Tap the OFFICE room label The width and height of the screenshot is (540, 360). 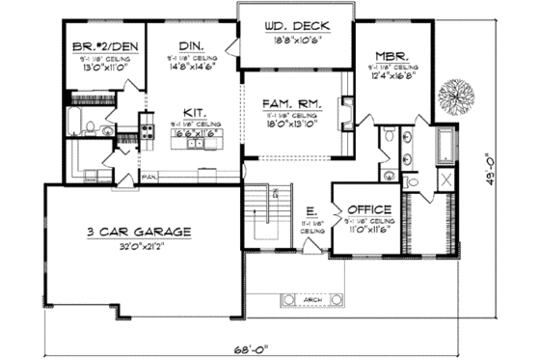[x=368, y=209]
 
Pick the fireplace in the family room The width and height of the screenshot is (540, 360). [x=345, y=109]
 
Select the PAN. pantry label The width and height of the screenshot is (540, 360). [x=149, y=177]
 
